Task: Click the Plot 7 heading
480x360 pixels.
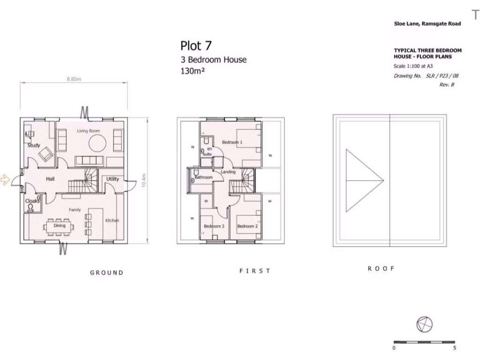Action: coord(196,45)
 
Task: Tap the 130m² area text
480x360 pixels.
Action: coord(193,71)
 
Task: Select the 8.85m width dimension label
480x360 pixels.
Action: coord(74,79)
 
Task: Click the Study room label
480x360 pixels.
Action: coord(34,145)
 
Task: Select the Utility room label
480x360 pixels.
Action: coord(112,179)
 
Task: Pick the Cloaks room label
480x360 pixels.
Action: coord(32,201)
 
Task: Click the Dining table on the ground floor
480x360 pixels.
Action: coord(60,226)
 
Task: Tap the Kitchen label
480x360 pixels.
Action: coord(112,220)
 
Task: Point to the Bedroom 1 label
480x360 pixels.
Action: coord(232,142)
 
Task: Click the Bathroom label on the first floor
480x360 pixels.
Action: coord(204,178)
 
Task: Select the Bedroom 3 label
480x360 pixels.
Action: coord(214,226)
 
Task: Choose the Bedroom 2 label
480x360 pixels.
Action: coord(247,226)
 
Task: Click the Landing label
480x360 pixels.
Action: coord(228,172)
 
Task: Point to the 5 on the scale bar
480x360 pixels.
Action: coord(455,348)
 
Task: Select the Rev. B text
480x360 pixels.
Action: coord(446,85)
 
